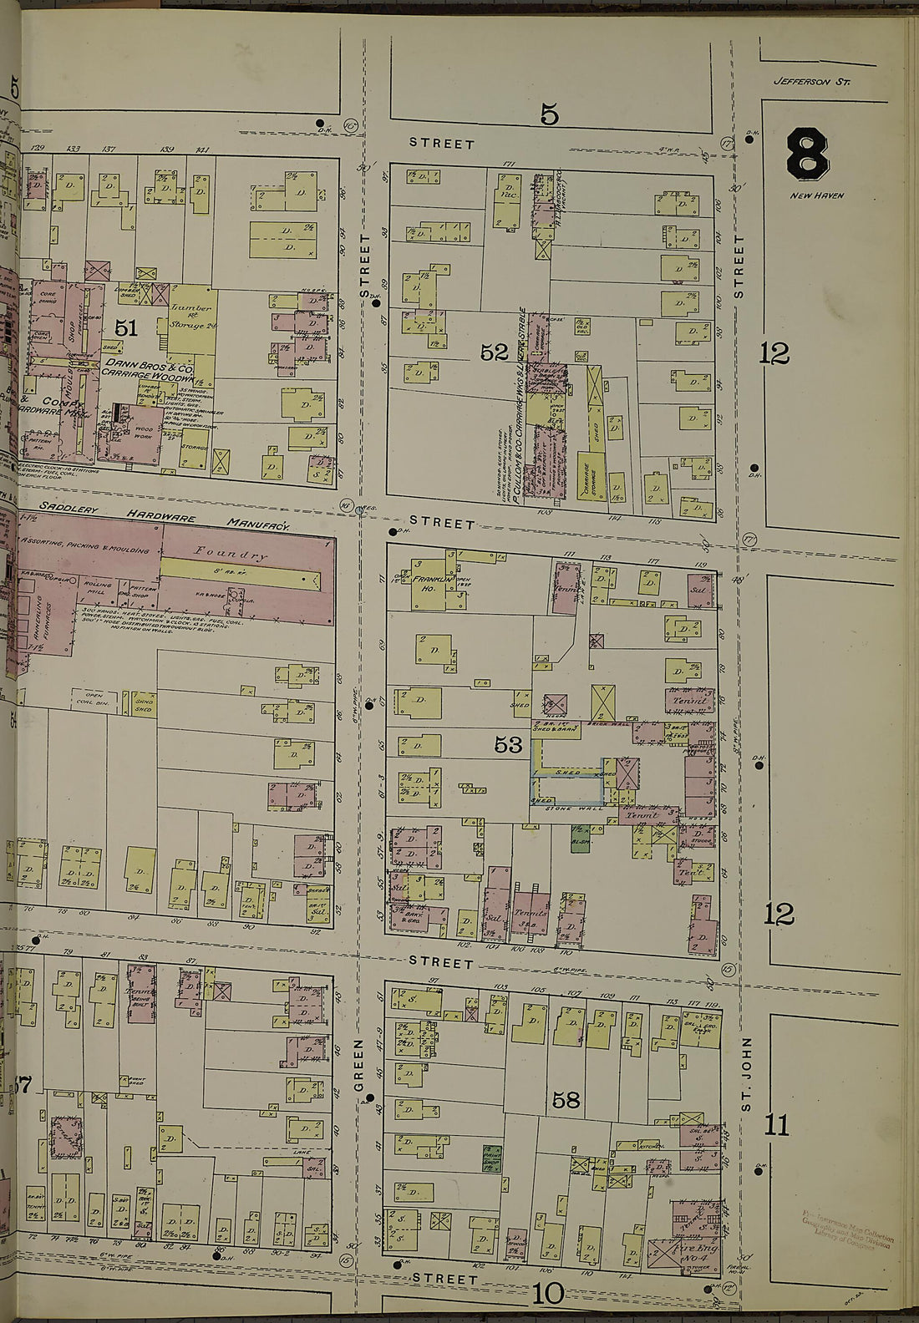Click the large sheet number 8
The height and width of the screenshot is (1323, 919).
[807, 152]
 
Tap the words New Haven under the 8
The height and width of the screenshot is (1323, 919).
[817, 195]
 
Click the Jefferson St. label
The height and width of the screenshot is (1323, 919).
[811, 82]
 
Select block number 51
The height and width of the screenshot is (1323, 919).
[125, 328]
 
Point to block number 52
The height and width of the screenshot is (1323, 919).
[495, 352]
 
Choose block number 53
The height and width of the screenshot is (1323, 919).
[508, 745]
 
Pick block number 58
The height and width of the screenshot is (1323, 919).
[566, 1100]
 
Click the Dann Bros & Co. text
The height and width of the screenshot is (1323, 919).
[148, 367]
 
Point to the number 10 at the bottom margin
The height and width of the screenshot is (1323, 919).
[548, 1295]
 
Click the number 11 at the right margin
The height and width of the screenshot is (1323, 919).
[777, 1125]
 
